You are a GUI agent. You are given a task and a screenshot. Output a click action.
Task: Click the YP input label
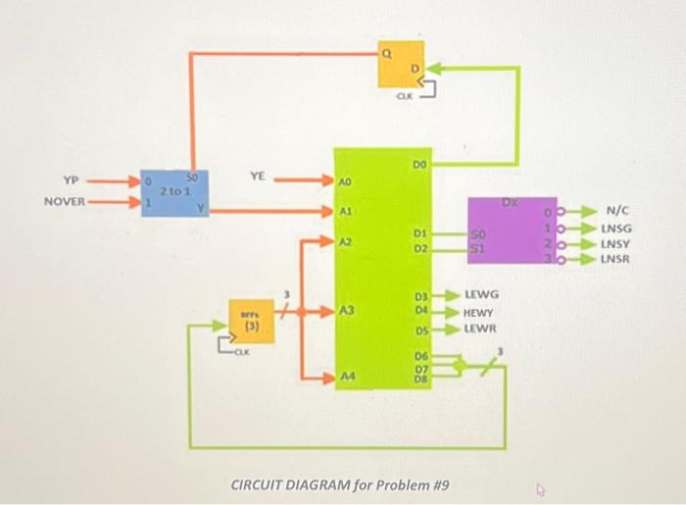[69, 180]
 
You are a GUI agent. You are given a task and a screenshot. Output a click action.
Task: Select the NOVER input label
[66, 202]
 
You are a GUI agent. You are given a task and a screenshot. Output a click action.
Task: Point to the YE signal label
[257, 176]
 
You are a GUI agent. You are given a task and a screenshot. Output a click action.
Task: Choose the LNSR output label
[615, 260]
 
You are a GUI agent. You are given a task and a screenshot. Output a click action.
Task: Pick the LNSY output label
[615, 244]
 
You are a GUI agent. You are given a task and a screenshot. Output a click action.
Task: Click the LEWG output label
[481, 294]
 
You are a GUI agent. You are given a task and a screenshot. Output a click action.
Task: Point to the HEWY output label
[479, 311]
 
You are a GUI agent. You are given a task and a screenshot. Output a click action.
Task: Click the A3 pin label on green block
[346, 311]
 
